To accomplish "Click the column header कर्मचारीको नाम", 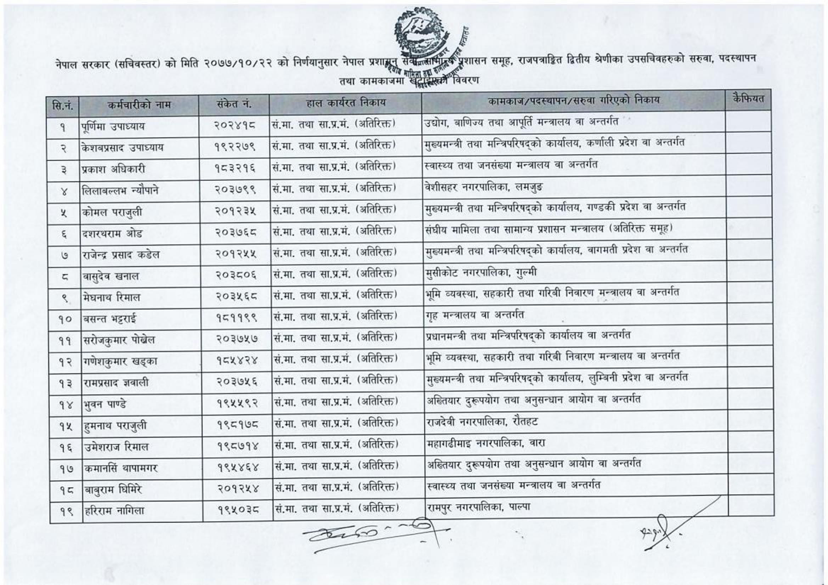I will click(139, 105).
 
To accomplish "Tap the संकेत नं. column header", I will click(234, 104).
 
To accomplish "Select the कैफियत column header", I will click(748, 99).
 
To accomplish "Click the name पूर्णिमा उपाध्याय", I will click(113, 126).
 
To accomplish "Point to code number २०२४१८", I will click(235, 125).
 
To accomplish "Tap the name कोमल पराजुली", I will click(112, 212).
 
